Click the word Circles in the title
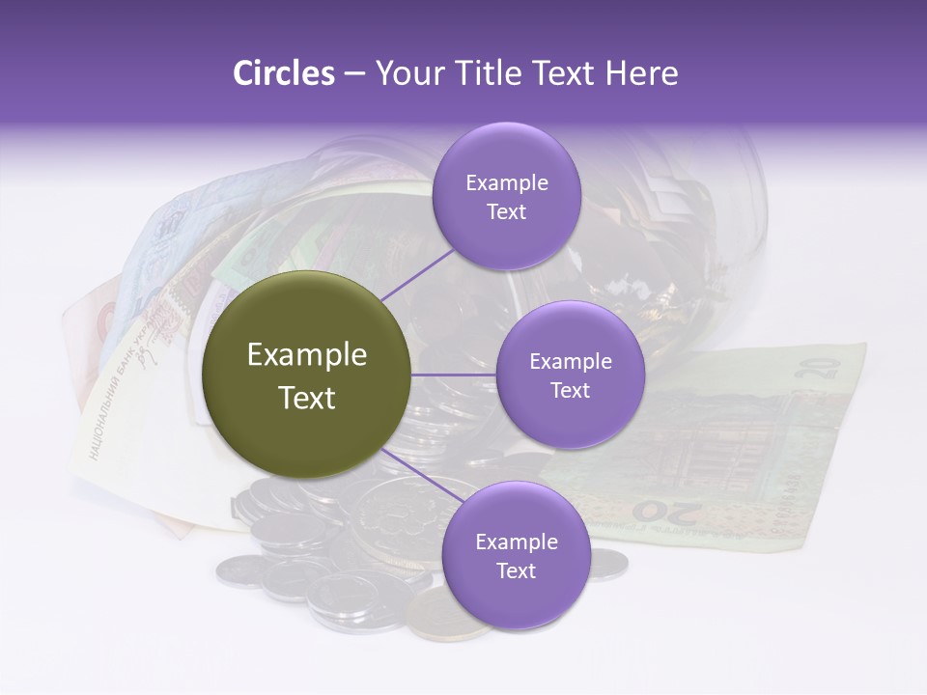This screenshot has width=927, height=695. coord(283,73)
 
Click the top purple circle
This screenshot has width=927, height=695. coord(506,196)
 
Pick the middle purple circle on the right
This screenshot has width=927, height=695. coord(570,375)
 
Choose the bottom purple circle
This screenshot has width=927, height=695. coord(516,555)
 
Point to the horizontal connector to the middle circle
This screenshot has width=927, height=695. coord(454,375)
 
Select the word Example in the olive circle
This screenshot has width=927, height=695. coord(307,355)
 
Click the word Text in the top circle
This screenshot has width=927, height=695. coord(506,211)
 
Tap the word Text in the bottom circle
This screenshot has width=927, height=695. coord(516,570)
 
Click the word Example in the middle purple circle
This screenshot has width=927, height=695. coord(570,361)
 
